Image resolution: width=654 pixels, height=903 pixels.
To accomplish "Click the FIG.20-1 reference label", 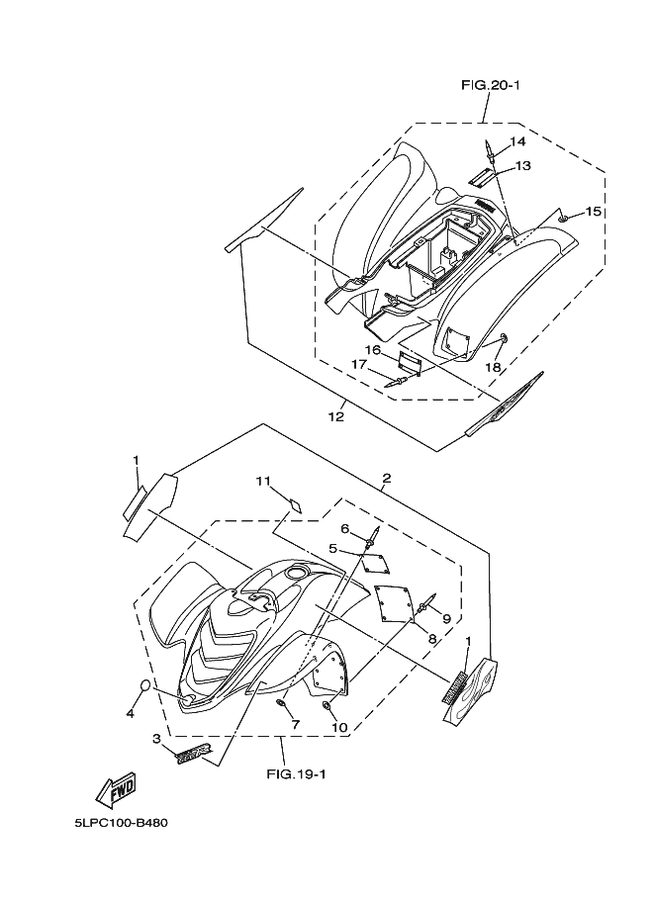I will click(490, 86).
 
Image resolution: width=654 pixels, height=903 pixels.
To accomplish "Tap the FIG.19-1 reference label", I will click(297, 774).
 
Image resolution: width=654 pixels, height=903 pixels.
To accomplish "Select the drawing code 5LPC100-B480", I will click(126, 821).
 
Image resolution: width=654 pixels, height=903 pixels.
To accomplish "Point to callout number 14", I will click(517, 141).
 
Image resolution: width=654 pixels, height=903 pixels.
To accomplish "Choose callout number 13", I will click(522, 165).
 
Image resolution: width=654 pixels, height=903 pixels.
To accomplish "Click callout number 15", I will click(593, 212).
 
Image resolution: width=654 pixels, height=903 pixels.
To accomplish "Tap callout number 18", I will click(492, 367).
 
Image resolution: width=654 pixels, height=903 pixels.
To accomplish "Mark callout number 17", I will click(359, 364).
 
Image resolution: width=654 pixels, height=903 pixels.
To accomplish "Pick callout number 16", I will click(372, 349).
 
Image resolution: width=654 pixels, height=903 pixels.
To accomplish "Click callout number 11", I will click(262, 482).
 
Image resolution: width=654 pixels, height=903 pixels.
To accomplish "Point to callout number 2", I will click(386, 479).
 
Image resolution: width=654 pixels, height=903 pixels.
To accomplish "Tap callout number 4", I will click(130, 712).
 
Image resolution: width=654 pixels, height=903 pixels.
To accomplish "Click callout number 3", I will click(156, 738).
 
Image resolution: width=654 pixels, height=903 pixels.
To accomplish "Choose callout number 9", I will click(446, 618).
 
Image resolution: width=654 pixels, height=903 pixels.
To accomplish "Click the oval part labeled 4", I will click(143, 687).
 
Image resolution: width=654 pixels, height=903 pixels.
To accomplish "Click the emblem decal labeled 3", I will click(194, 755).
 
